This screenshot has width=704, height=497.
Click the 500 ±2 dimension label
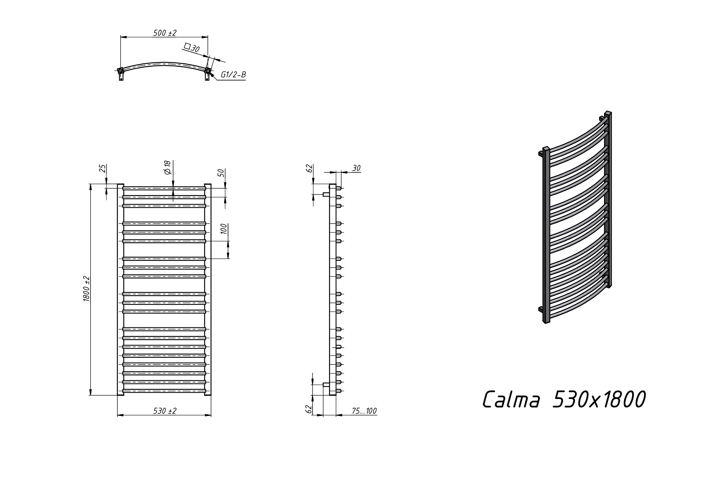point(165,33)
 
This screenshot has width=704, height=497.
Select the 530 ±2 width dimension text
point(165,411)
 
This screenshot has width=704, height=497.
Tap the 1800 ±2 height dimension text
point(87,289)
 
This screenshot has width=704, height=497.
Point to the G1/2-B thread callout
point(233,75)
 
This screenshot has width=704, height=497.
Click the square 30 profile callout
point(192,48)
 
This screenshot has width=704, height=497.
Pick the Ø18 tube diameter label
point(167,167)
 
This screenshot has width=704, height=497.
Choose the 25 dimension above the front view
point(103,168)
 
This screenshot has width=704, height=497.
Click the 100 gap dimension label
point(224,229)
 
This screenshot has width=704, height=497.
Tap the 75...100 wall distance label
point(364,411)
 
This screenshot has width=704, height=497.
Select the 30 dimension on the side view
point(356,168)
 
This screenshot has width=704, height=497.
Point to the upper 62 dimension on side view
point(310,168)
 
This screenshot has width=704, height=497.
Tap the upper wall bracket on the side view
point(326,194)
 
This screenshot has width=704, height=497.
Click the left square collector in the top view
point(121,71)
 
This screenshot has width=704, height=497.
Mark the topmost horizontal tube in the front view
point(164,188)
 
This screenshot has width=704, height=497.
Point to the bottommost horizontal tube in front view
point(164,391)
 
